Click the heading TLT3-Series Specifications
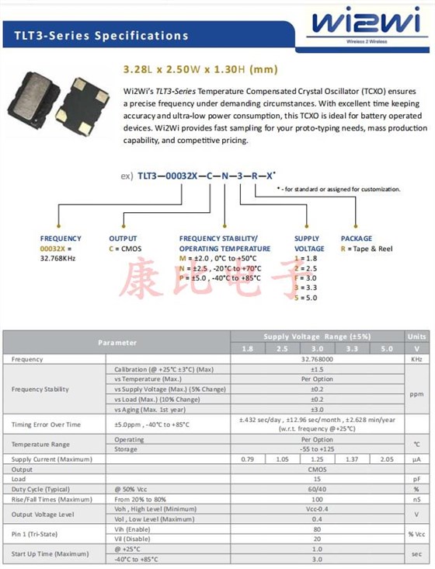101,35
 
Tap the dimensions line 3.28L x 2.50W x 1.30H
200,69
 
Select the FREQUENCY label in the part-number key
61,239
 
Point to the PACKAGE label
357,239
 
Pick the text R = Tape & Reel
367,249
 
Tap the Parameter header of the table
117,342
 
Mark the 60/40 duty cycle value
317,490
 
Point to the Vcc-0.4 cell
317,509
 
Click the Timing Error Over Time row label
46,424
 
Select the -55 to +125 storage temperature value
317,449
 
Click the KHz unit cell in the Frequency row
416,359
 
